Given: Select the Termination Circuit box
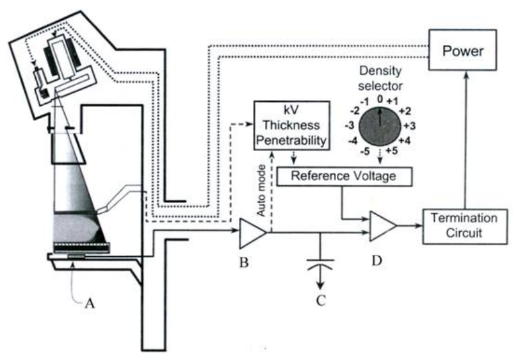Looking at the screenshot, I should tap(464, 225).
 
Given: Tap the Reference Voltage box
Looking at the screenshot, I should tap(345, 176).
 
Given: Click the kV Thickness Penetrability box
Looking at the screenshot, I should tap(291, 126).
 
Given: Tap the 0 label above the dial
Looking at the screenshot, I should tap(380, 99).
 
